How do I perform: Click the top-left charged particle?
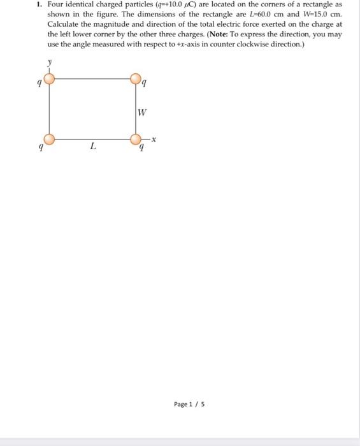[x=48, y=78]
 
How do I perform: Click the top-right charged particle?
[x=136, y=78]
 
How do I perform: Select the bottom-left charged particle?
[x=48, y=139]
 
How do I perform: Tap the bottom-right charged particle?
[x=136, y=139]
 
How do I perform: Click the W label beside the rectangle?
[x=142, y=113]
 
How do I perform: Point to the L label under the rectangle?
[x=93, y=147]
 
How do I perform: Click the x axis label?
[x=154, y=140]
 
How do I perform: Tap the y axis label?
[x=48, y=64]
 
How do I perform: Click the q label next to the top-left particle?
[x=39, y=82]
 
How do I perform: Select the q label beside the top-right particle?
[x=145, y=82]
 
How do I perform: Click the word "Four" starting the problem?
[x=56, y=4]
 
